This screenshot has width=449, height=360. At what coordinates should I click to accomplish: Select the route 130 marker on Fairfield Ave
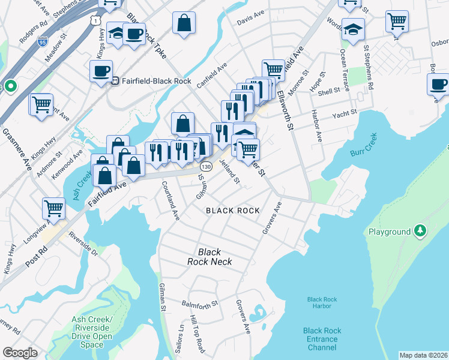[x=206, y=166]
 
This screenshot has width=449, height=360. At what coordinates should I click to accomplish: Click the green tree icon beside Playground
[x=421, y=231]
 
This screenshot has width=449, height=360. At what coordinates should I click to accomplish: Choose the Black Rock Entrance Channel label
[x=322, y=339]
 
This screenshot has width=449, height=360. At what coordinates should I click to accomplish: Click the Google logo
[x=20, y=353]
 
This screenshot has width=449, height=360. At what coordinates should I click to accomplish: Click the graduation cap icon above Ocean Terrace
[x=354, y=29]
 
